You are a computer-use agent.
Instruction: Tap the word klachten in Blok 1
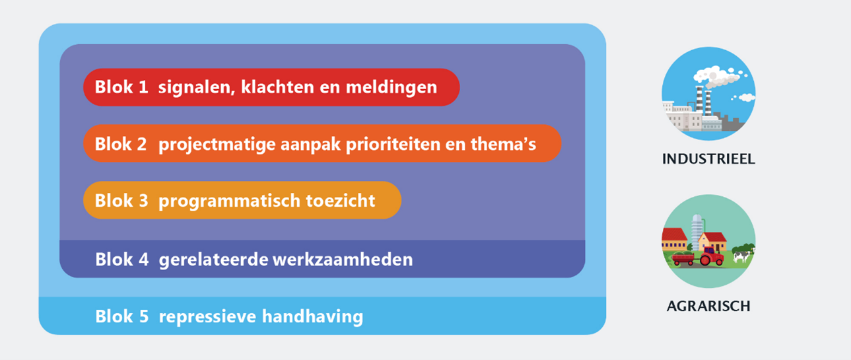point(277,87)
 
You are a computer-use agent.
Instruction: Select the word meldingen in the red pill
point(391,88)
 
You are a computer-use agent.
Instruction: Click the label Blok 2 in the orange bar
point(120,144)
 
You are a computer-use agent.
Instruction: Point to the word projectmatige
point(217,145)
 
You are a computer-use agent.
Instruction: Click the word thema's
point(503,144)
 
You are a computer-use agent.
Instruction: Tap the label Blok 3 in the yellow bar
point(121,201)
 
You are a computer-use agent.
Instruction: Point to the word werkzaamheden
point(343,259)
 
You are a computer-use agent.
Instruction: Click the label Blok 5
point(121,316)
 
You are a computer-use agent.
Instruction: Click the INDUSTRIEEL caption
point(708,159)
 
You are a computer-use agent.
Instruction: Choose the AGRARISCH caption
point(708,306)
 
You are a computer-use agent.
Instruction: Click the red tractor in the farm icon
point(711,256)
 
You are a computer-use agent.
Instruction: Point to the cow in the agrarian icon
point(741,256)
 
